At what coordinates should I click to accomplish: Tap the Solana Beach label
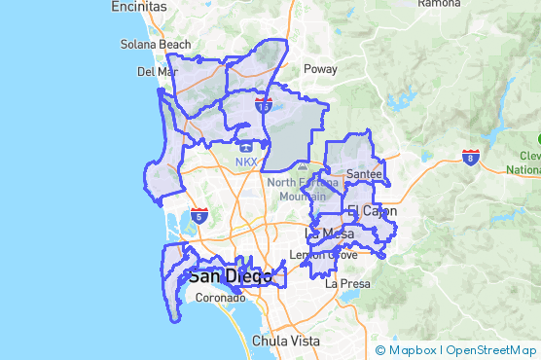(x=156, y=45)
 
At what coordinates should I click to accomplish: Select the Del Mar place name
(x=157, y=71)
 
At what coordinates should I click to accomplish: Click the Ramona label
(x=438, y=4)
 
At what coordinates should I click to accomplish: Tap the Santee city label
(x=364, y=173)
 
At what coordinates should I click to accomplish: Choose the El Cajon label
(x=368, y=211)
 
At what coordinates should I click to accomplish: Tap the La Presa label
(x=347, y=284)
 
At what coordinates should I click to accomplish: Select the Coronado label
(x=220, y=298)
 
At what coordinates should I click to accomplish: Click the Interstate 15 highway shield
(x=264, y=106)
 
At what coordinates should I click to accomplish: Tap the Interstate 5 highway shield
(x=198, y=216)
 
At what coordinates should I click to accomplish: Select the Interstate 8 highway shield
(x=471, y=157)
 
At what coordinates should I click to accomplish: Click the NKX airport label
(x=246, y=162)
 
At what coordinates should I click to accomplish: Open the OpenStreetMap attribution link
(x=492, y=350)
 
